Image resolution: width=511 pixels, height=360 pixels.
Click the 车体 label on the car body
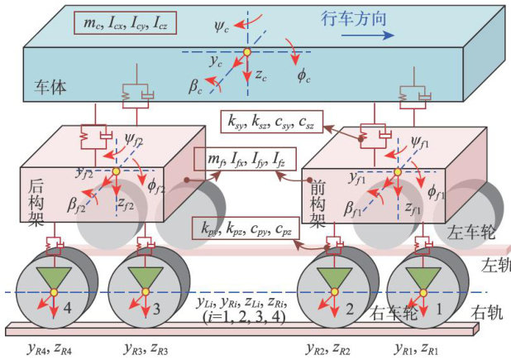click(x=46, y=87)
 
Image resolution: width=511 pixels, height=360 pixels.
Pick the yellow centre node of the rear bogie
click(x=117, y=172)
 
